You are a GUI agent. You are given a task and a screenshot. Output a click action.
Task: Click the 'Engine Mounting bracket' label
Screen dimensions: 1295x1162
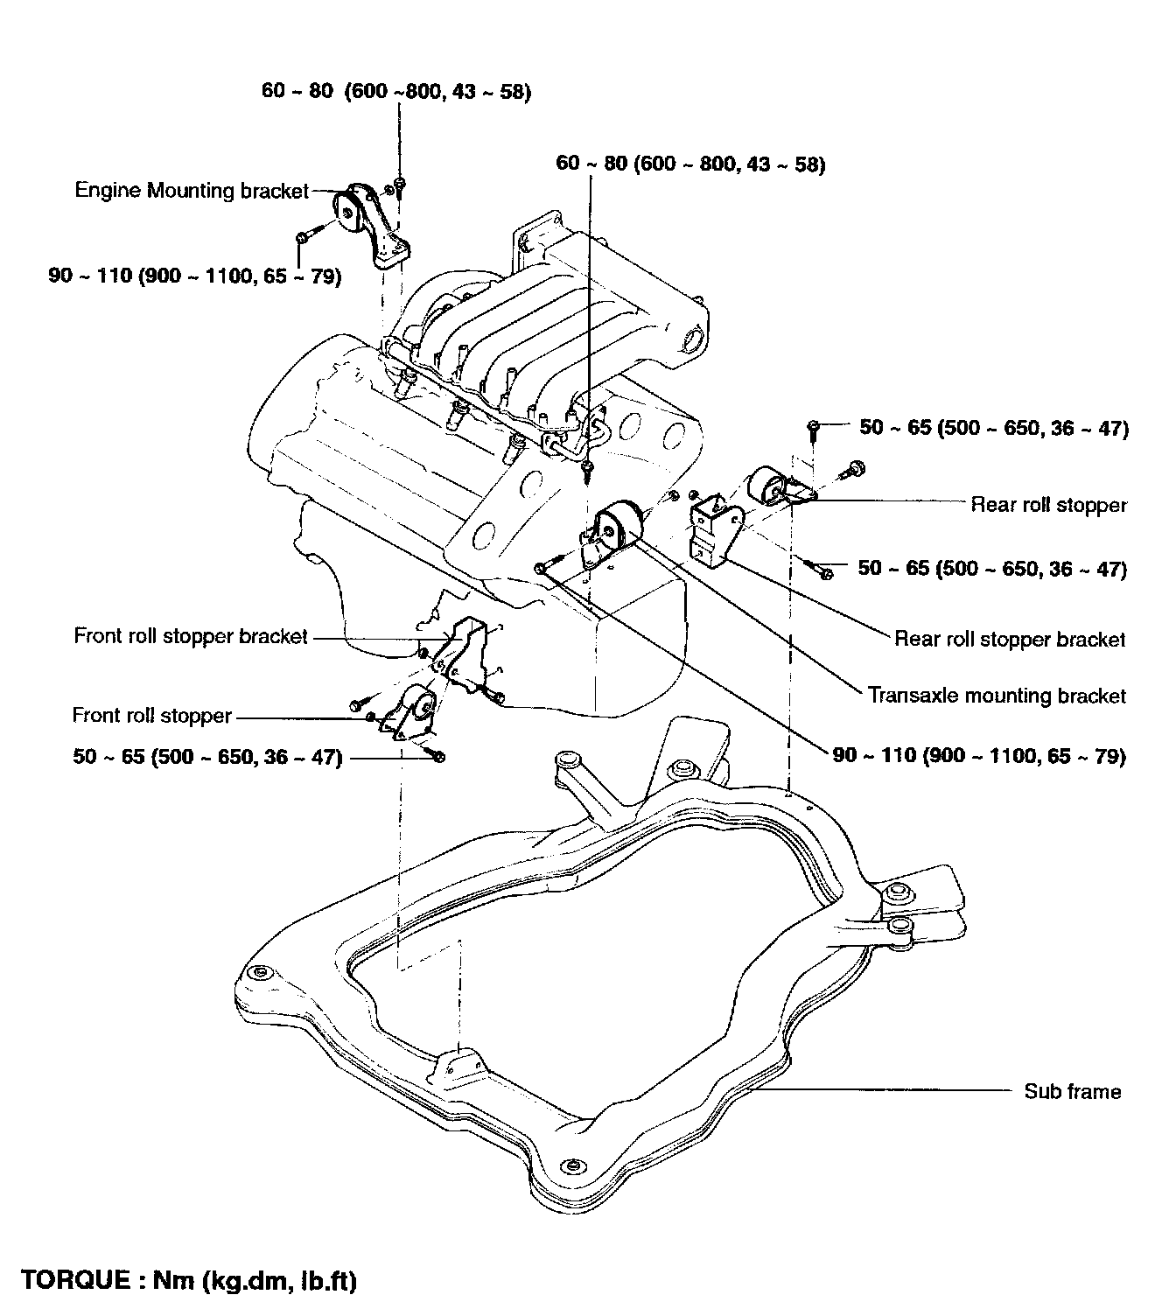pyautogui.click(x=192, y=190)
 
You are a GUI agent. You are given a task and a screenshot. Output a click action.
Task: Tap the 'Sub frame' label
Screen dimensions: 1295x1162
pyautogui.click(x=1072, y=1091)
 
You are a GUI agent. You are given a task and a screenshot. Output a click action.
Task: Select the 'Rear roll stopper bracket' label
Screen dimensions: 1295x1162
pyautogui.click(x=1010, y=639)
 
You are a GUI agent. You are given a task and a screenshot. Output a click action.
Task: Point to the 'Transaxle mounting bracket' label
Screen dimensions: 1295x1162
pyautogui.click(x=997, y=696)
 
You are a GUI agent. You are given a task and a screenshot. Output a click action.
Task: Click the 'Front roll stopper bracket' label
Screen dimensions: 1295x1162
pyautogui.click(x=191, y=636)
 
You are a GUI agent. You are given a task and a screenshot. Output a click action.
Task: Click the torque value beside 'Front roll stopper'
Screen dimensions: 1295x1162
pyautogui.click(x=207, y=757)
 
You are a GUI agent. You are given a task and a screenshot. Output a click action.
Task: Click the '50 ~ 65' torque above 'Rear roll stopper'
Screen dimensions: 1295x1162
pyautogui.click(x=994, y=428)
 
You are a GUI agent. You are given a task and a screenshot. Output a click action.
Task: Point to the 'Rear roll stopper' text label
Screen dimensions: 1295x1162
pyautogui.click(x=1049, y=505)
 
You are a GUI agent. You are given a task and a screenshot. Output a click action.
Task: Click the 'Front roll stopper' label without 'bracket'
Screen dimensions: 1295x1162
pyautogui.click(x=151, y=717)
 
